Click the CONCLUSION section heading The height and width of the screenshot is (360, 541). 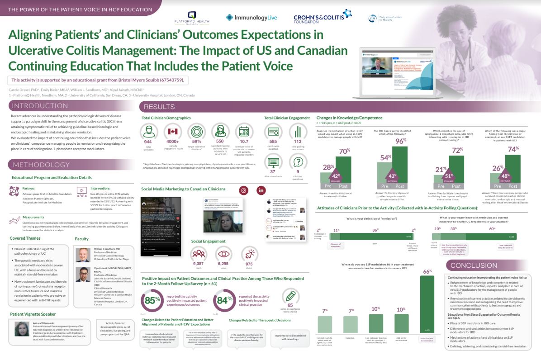point(474,265)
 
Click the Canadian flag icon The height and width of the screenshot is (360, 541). point(172,131)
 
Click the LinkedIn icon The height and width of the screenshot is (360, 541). point(261,190)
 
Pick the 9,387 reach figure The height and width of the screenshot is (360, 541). point(198,264)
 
